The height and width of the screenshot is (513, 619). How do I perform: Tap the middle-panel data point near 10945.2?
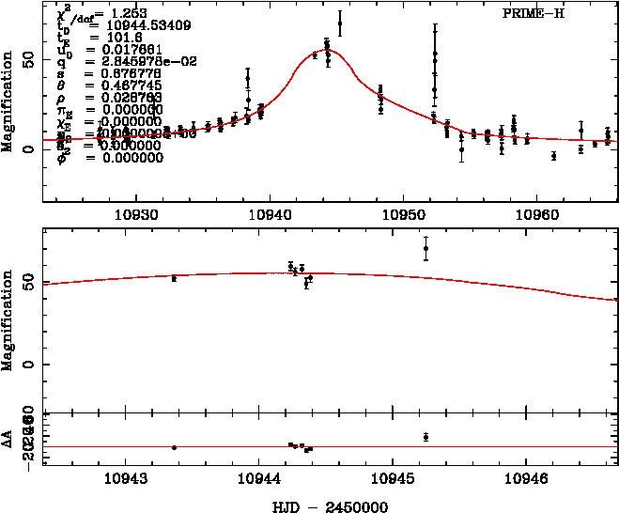426,249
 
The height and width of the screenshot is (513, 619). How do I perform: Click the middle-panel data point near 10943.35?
174,278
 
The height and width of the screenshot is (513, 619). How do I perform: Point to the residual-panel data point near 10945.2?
426,437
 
